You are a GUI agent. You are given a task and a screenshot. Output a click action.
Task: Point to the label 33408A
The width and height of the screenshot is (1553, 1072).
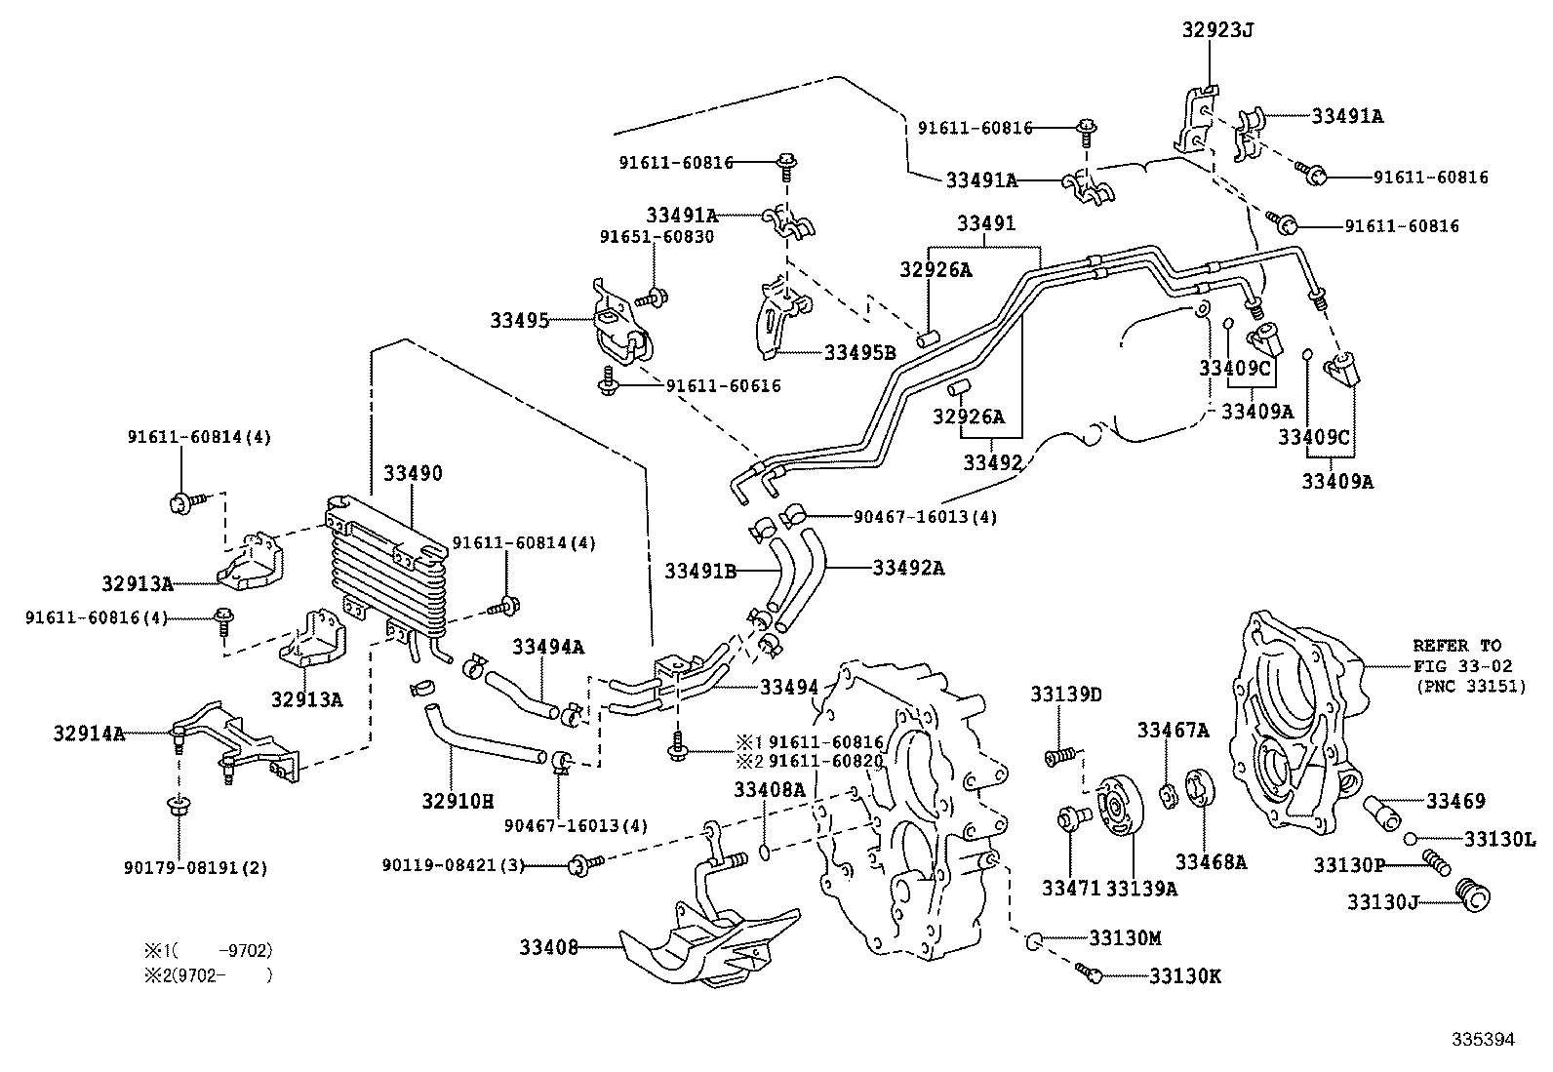[x=769, y=789]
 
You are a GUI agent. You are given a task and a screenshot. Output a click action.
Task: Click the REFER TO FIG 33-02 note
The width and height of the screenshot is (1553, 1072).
[x=1457, y=665]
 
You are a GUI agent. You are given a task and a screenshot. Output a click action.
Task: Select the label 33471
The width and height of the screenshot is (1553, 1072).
[x=1070, y=888]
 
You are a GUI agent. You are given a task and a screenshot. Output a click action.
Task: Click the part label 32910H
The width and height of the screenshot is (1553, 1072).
[x=458, y=802]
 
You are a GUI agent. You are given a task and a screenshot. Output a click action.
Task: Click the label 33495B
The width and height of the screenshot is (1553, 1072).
[x=859, y=352]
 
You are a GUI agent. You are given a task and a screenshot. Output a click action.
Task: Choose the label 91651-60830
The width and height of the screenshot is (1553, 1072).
[x=656, y=237]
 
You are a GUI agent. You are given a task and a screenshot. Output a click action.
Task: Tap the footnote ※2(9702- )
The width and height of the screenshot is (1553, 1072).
[x=207, y=974]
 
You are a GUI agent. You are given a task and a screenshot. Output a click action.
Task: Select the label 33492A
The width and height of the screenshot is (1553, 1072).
[x=907, y=567]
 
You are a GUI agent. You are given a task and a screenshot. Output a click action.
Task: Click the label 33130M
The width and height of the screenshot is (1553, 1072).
[x=1125, y=937]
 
